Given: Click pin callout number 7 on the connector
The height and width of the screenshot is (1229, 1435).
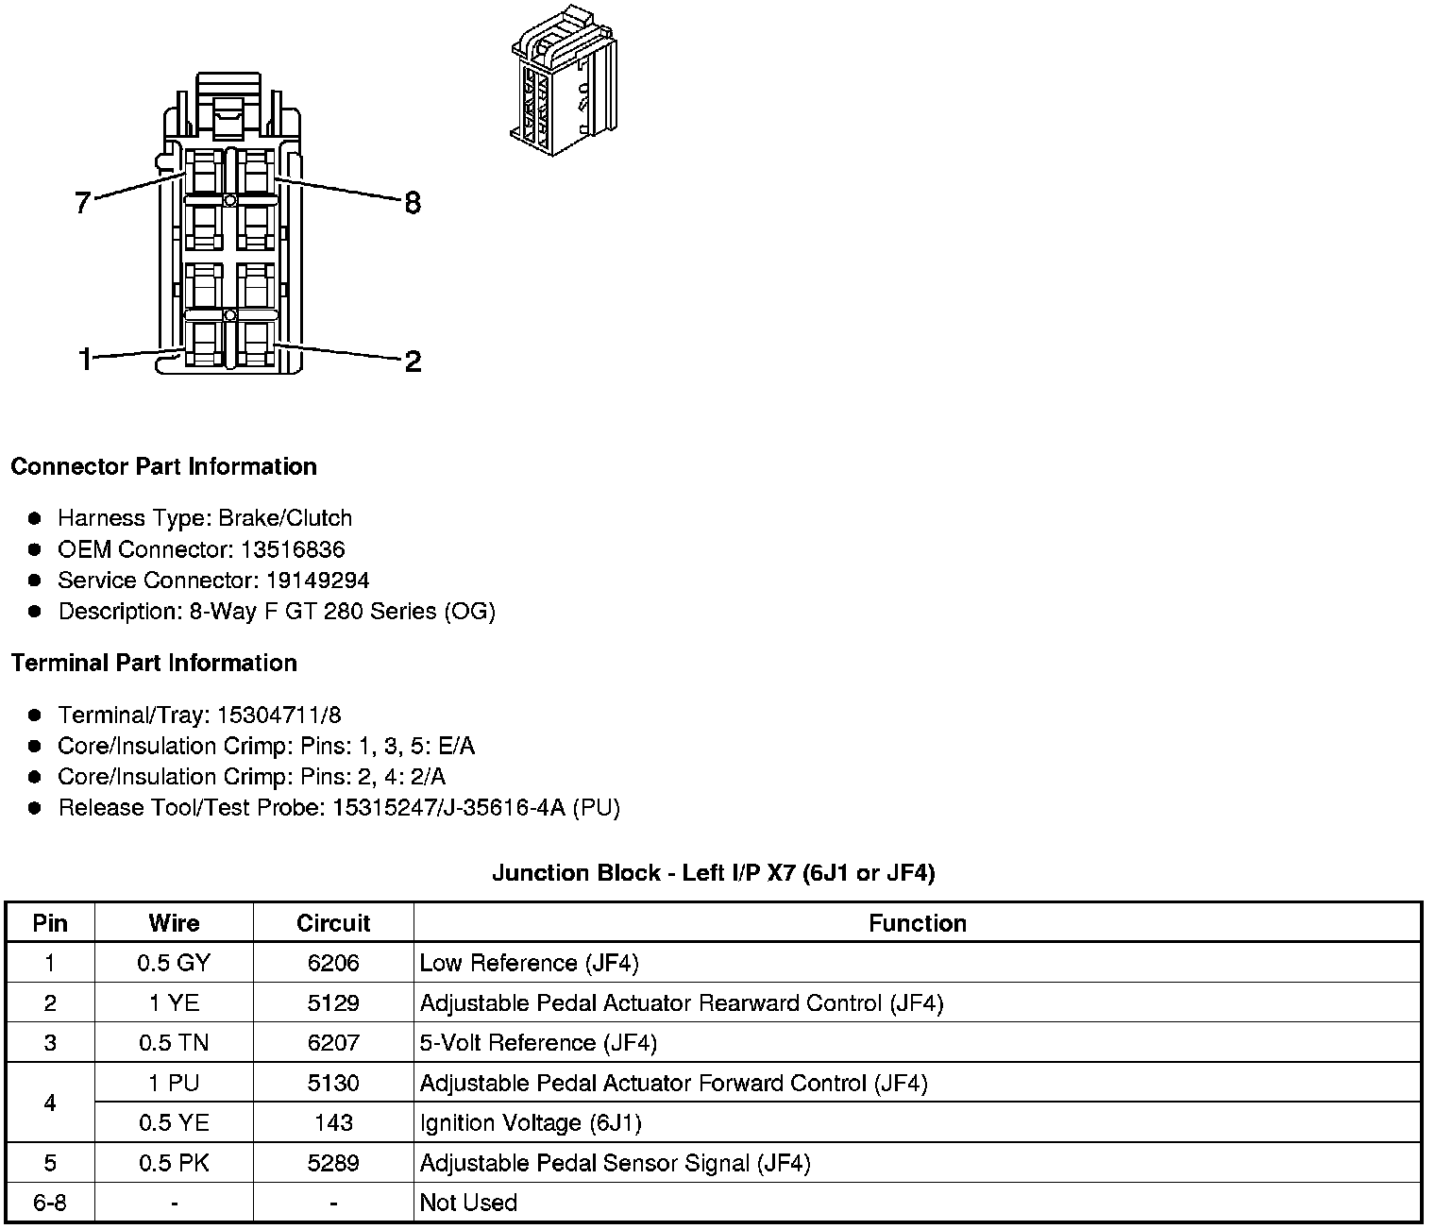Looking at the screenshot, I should (83, 202).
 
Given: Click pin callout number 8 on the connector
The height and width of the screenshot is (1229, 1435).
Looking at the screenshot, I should (413, 202).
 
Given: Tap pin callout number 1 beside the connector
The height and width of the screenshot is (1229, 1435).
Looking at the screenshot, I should (85, 360).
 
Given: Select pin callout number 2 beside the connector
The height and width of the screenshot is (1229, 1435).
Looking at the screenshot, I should (413, 361).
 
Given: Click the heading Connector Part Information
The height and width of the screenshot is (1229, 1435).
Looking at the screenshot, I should (163, 466).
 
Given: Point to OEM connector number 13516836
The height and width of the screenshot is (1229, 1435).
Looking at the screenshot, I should (281, 549).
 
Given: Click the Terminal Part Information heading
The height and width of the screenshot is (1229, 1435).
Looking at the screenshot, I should (154, 663).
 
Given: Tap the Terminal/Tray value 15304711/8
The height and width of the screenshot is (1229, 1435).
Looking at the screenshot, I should (279, 715).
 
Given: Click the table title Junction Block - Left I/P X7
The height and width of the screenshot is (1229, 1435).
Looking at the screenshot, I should (713, 872).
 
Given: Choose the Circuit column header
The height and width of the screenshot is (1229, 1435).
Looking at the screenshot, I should (333, 923).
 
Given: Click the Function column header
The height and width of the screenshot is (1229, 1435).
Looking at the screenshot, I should (917, 923).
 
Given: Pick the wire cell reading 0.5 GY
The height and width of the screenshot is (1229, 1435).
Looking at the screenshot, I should (174, 963).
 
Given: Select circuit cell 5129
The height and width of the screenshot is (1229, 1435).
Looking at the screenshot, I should (333, 1002).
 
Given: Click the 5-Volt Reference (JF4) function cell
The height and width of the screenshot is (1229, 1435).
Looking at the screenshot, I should (538, 1043).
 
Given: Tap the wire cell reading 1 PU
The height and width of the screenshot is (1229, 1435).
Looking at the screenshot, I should (174, 1083).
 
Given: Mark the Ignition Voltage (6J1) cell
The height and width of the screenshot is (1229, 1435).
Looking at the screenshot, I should (531, 1123).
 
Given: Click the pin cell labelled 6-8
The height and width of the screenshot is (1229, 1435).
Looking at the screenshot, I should (50, 1203).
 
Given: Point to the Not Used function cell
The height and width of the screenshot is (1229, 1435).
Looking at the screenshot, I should (468, 1203).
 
